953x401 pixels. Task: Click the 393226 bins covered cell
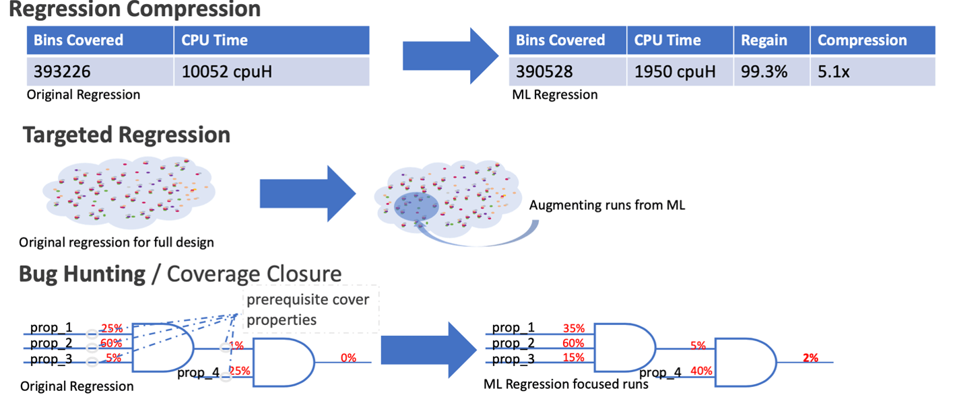100,71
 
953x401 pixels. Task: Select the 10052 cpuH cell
272,71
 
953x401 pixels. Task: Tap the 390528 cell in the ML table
568,71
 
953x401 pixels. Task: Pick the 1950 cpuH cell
680,71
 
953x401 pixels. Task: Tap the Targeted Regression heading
127,135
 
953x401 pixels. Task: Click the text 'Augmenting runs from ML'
607,205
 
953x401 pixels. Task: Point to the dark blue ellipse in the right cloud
416,207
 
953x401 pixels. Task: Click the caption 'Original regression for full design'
116,242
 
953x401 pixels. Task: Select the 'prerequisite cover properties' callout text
308,309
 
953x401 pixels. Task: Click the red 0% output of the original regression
348,358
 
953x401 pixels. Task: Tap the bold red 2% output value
810,358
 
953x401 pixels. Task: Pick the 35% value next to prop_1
574,328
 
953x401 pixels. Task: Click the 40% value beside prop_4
701,371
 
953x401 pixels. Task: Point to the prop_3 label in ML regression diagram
513,359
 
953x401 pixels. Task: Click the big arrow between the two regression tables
451,56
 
